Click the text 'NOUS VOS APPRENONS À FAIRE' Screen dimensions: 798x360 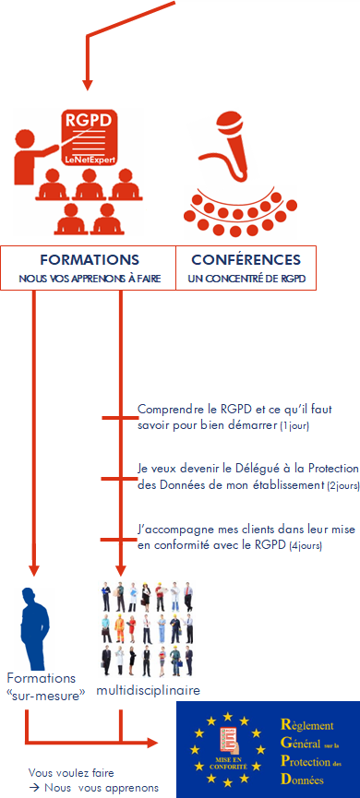pyautogui.click(x=90, y=278)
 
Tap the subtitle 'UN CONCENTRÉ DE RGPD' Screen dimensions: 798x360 pyautogui.click(x=246, y=278)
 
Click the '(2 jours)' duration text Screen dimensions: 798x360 pyautogui.click(x=342, y=484)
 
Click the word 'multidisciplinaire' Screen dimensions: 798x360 pyautogui.click(x=149, y=689)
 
